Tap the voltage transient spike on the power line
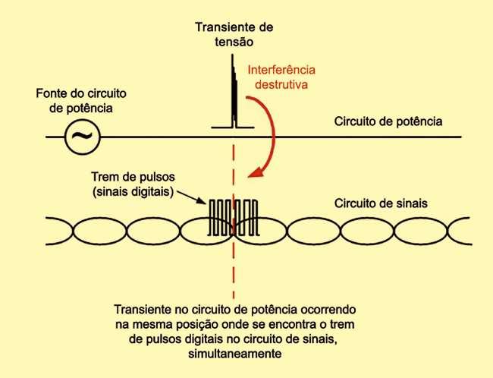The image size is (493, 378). coord(234,95)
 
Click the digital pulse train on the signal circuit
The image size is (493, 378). coord(234,216)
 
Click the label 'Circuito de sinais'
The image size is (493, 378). coord(382,203)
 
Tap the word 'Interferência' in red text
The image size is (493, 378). coord(281,71)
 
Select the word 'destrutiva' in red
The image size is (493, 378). coord(281,85)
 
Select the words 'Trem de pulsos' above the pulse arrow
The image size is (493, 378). coord(129,175)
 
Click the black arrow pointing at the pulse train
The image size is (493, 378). coord(193,197)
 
